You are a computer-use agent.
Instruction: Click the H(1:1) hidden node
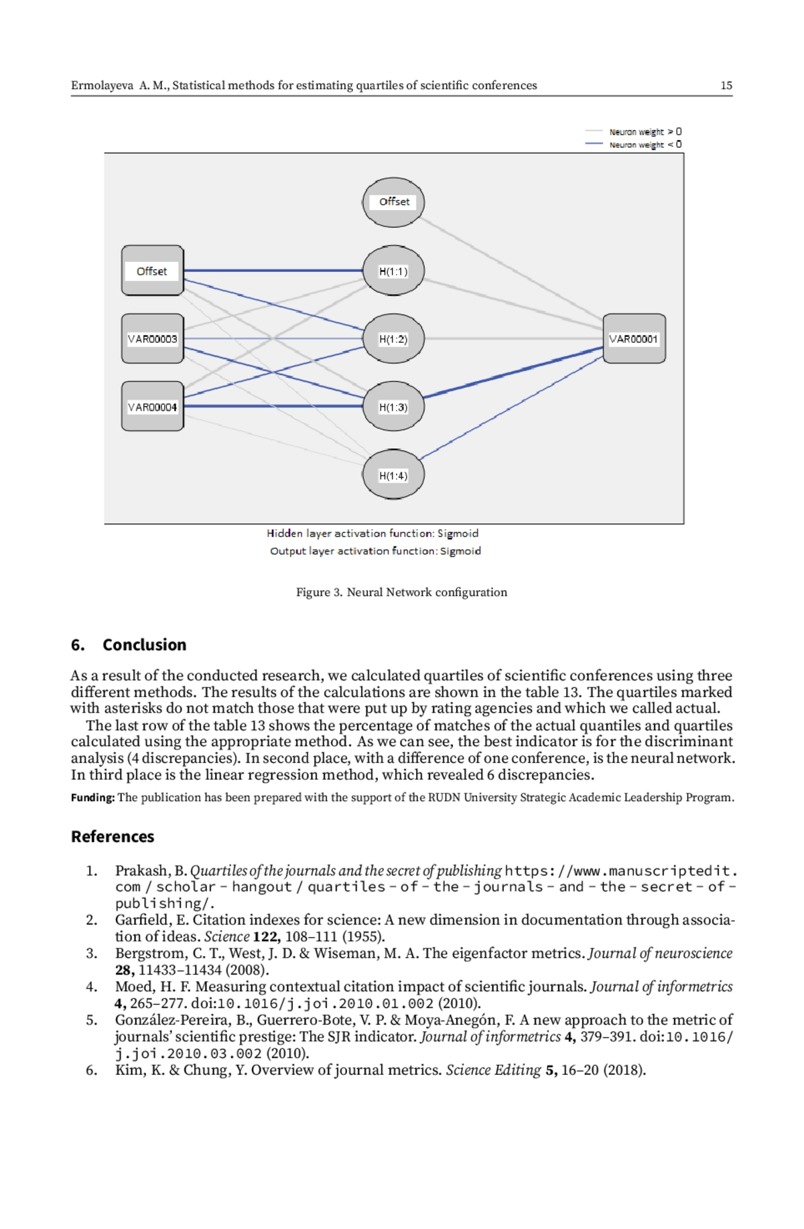tap(393, 271)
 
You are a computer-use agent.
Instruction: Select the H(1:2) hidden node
tap(393, 339)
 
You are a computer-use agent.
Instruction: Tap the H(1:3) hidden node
tap(393, 407)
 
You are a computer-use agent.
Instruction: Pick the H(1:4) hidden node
tap(393, 475)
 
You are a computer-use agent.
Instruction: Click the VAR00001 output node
tap(634, 339)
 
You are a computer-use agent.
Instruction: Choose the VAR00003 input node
tap(153, 339)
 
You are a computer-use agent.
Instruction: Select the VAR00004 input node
tap(153, 407)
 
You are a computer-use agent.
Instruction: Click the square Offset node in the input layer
tap(153, 271)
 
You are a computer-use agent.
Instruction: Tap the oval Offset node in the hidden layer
tap(393, 202)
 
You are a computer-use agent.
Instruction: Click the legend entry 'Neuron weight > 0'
tap(633, 132)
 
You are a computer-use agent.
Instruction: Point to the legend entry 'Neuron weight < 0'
tap(633, 145)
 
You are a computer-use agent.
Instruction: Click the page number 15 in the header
tap(726, 85)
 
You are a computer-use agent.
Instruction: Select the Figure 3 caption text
tap(402, 592)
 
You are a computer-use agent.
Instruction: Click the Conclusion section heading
tap(129, 644)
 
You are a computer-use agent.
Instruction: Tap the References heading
tap(113, 837)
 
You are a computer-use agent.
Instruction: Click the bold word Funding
tap(93, 798)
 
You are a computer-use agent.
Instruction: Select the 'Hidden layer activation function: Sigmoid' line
tap(373, 533)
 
